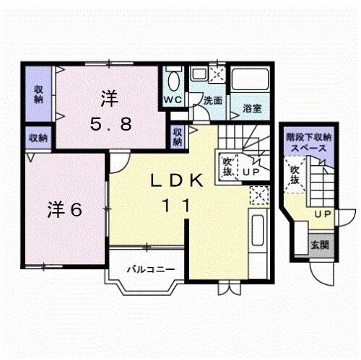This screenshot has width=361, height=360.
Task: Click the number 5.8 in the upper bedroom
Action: pos(110,123)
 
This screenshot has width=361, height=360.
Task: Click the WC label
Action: pos(173,100)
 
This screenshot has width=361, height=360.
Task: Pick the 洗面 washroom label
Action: pos(212,101)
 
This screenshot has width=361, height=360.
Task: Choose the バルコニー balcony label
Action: pos(151,270)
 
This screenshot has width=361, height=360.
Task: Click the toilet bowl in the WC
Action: pos(173,79)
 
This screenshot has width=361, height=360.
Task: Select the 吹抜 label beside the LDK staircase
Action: pos(227,167)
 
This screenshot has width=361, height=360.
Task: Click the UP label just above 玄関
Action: pos(323,215)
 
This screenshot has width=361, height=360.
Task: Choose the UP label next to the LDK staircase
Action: pos(251,172)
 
